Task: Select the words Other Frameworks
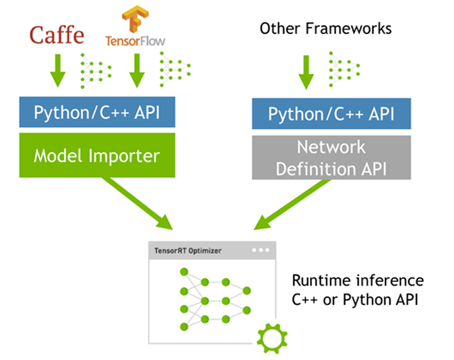pos(325,28)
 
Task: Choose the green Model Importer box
pos(97,155)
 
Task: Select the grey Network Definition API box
pos(331,158)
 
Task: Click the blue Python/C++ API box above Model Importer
pos(97,112)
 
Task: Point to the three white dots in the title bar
pos(260,251)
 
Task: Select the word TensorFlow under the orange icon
pos(135,41)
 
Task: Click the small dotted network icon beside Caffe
pos(95,70)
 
